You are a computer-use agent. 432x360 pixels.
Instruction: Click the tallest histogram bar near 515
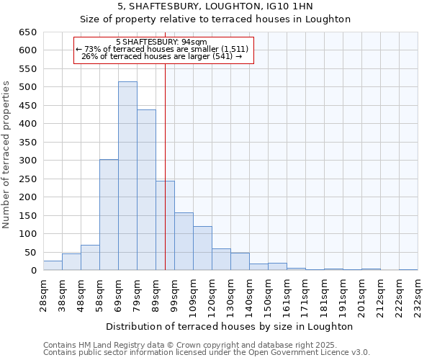point(127,176)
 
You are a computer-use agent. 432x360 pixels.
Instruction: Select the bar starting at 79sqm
point(146,190)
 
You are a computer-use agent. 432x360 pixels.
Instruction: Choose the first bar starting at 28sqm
point(53,266)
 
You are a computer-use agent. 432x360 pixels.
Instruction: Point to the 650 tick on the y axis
point(27,32)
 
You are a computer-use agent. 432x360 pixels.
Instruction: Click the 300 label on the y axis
point(27,161)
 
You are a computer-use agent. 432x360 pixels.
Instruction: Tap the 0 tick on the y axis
point(33,271)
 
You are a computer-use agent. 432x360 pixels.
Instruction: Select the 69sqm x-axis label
point(119,292)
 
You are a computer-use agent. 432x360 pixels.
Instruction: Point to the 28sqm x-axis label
point(44,292)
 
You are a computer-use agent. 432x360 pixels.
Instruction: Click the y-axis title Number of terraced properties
point(7,155)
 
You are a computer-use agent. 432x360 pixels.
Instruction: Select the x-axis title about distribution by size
point(230,326)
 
